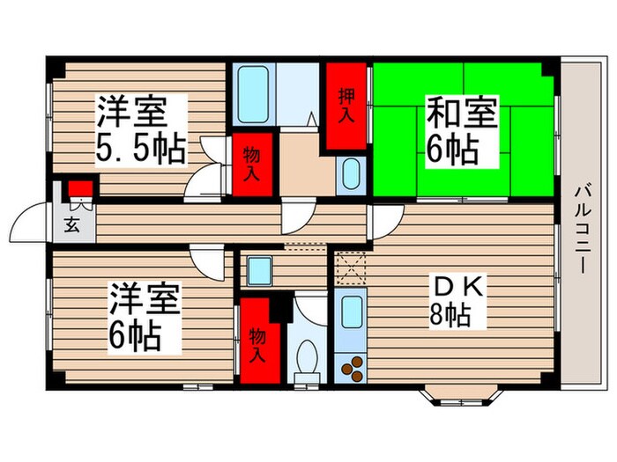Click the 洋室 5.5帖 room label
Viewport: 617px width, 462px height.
point(141,130)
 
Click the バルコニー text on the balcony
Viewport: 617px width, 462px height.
point(582,229)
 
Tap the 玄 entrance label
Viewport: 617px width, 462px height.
point(71,224)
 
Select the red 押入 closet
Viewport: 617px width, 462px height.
point(345,106)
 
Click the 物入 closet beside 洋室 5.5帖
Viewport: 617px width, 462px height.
point(252,164)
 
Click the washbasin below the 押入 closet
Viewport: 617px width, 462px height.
point(349,173)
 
